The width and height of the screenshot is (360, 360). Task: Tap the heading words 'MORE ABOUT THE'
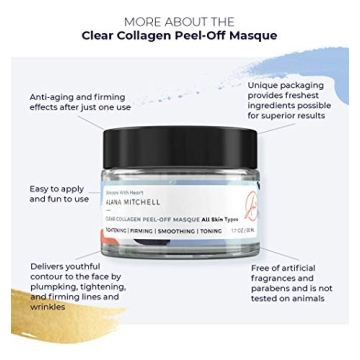(x=179, y=21)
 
